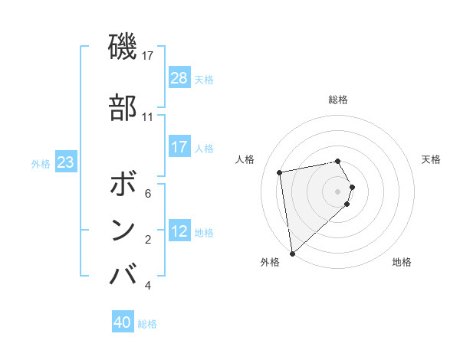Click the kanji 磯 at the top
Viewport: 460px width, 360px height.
click(123, 47)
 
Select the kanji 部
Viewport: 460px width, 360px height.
click(123, 108)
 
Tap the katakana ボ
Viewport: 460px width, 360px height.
click(123, 185)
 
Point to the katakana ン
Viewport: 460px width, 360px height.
click(123, 229)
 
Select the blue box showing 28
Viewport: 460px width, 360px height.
click(179, 78)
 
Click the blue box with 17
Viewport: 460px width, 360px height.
click(179, 147)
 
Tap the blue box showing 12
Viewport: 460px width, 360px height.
click(179, 231)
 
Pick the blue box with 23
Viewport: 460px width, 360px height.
click(66, 162)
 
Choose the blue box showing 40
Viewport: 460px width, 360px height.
click(123, 322)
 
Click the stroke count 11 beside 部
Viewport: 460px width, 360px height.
click(147, 117)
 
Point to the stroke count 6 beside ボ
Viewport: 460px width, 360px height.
click(147, 194)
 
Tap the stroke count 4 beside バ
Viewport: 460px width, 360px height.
click(147, 286)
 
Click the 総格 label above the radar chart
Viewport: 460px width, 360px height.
click(338, 100)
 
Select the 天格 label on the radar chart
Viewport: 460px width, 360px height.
click(431, 159)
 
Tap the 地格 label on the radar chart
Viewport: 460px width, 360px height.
click(402, 262)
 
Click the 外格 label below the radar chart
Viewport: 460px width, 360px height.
click(270, 262)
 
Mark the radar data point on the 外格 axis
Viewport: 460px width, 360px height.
click(292, 253)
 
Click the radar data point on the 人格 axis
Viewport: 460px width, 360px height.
click(280, 172)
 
